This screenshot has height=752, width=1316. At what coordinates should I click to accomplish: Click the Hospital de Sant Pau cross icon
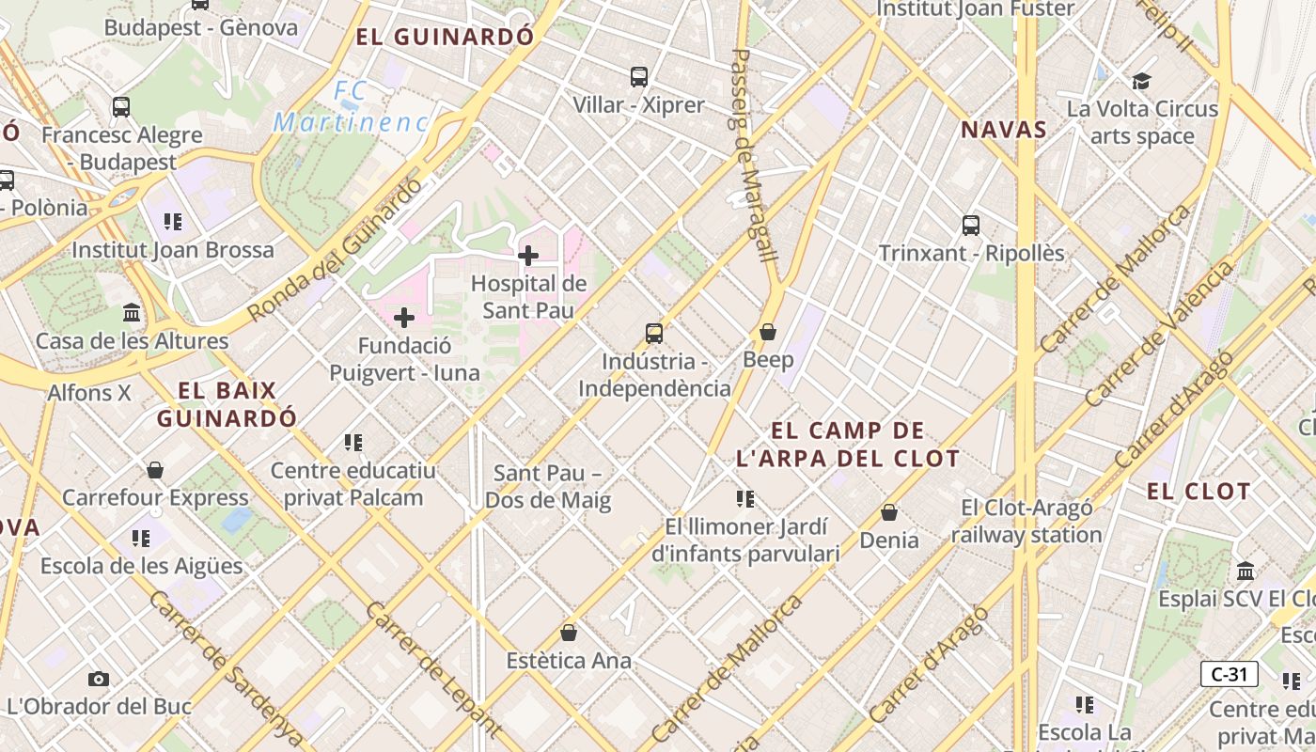[528, 255]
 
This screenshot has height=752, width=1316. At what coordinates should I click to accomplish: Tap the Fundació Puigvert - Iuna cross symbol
[404, 318]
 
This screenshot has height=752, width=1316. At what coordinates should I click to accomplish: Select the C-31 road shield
[1230, 673]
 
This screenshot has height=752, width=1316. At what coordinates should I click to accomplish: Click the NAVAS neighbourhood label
[1004, 130]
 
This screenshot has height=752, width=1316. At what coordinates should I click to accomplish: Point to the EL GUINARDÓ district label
[445, 38]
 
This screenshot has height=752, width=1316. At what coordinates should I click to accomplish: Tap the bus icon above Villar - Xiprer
[639, 77]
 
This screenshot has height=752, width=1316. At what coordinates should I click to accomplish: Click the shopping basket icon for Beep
[768, 332]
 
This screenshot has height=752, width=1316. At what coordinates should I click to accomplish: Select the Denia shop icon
[889, 512]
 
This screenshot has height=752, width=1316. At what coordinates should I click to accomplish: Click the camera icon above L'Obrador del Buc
[99, 679]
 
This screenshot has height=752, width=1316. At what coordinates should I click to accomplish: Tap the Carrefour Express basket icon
[155, 470]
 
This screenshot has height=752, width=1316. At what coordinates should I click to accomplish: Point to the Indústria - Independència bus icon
[654, 334]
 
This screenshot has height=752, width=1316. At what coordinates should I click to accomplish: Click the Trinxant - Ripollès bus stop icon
[971, 226]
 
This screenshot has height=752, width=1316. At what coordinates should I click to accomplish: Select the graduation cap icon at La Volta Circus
[1141, 81]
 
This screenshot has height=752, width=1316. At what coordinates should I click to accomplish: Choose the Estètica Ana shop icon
[569, 633]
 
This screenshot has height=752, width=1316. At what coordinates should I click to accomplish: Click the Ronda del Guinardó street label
[336, 249]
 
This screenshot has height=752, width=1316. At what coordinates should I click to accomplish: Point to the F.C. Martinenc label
[351, 107]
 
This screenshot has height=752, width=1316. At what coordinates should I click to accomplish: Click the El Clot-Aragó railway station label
[1026, 521]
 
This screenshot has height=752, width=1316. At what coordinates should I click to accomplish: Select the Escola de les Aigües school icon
[141, 539]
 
